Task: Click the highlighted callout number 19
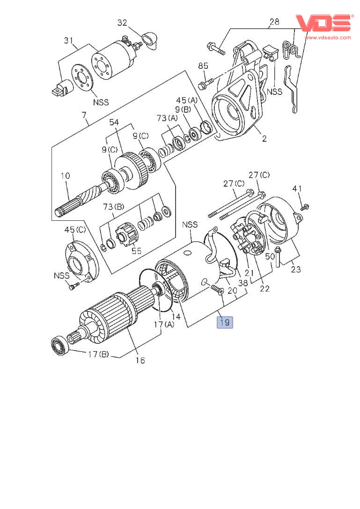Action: (x=224, y=322)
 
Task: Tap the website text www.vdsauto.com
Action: (x=327, y=37)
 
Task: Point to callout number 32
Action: (x=122, y=22)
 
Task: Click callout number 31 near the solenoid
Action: (x=69, y=41)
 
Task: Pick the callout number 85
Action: (x=203, y=66)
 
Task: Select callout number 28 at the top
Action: (x=274, y=22)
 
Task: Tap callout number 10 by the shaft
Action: (x=65, y=176)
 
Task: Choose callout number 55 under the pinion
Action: (x=136, y=251)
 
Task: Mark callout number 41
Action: (x=297, y=189)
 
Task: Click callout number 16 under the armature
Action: (x=140, y=360)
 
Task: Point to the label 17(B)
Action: (x=97, y=354)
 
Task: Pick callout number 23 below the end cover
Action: (x=296, y=269)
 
